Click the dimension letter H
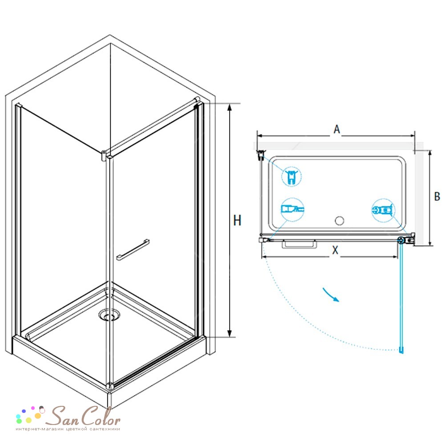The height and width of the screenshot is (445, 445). pyautogui.click(x=237, y=220)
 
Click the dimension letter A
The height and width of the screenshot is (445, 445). pyautogui.click(x=336, y=129)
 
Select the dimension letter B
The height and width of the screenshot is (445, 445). pyautogui.click(x=437, y=196)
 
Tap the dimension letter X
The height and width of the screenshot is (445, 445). pyautogui.click(x=335, y=250)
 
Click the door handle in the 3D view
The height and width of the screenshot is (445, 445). pyautogui.click(x=133, y=250)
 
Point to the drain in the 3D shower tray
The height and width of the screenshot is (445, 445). pyautogui.click(x=109, y=315)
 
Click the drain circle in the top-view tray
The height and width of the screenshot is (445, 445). pyautogui.click(x=340, y=221)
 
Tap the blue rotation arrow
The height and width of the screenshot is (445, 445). pyautogui.click(x=331, y=295)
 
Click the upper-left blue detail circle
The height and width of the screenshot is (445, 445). pyautogui.click(x=291, y=176)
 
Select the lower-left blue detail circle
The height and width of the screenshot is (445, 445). pyautogui.click(x=292, y=210)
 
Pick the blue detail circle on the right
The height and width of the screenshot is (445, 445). pyautogui.click(x=384, y=210)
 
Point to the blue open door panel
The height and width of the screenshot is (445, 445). pyautogui.click(x=401, y=296)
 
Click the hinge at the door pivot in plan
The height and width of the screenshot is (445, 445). pyautogui.click(x=401, y=240)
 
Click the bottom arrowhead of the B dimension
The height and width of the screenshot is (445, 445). pyautogui.click(x=430, y=242)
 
